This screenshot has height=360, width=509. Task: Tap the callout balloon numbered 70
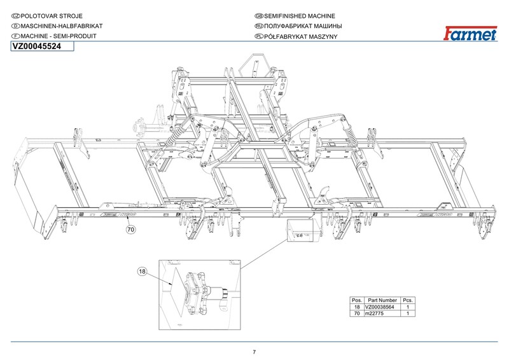(131, 229)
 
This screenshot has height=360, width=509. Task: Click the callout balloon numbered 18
(142, 272)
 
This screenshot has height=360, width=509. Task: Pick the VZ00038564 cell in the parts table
(382, 307)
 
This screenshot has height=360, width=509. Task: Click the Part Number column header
(382, 300)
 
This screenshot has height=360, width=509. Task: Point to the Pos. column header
(357, 300)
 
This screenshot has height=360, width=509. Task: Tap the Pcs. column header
(408, 300)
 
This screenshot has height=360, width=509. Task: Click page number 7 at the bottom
(254, 352)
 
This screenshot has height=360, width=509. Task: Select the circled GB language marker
(258, 15)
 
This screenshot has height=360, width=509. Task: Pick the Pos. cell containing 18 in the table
(357, 307)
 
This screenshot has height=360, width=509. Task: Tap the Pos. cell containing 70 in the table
(357, 314)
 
